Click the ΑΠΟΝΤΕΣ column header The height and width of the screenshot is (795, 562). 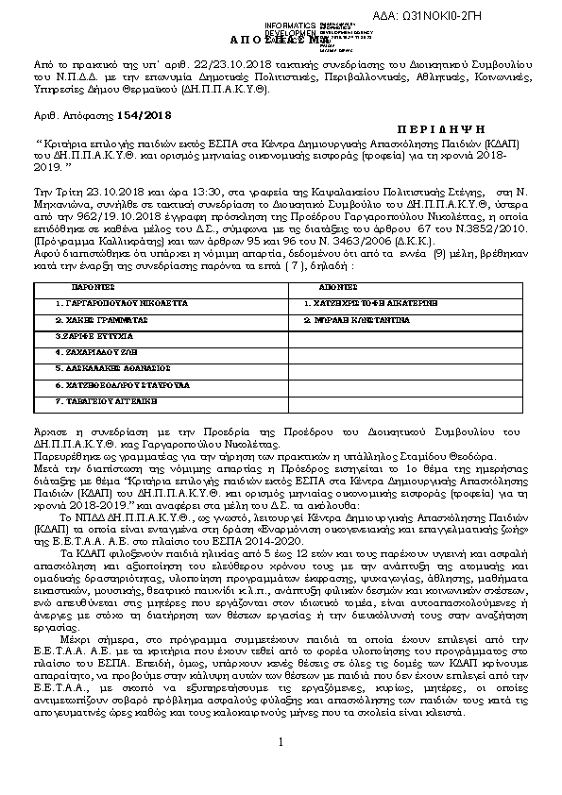337,283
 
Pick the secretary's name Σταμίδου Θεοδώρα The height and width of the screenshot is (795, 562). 450,454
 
